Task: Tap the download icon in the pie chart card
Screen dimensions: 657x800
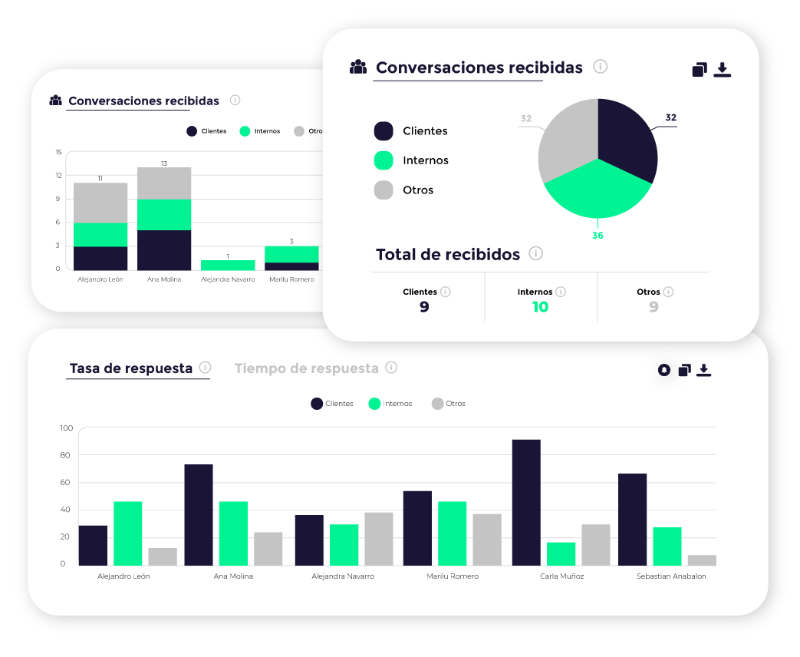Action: click(722, 70)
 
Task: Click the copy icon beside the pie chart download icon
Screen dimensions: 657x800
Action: click(699, 70)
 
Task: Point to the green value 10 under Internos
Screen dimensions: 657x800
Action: click(540, 307)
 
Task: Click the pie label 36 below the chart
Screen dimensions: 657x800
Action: click(598, 236)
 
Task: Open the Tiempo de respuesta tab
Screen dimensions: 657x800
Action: click(306, 368)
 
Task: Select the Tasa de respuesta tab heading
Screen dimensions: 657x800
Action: click(131, 368)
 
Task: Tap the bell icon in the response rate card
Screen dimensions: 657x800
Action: click(664, 370)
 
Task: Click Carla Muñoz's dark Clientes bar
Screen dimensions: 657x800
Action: click(526, 502)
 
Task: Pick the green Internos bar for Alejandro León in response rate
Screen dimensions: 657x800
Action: click(128, 533)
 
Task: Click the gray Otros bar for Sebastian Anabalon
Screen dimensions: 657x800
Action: click(702, 560)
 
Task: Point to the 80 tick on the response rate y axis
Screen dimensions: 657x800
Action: click(65, 455)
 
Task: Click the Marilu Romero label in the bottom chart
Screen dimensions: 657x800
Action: click(453, 576)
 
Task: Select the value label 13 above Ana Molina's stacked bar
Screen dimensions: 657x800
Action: click(164, 163)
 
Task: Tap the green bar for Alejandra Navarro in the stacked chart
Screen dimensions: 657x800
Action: click(228, 265)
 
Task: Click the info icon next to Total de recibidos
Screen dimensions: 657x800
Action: click(536, 253)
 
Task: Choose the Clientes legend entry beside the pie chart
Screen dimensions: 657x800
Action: click(410, 131)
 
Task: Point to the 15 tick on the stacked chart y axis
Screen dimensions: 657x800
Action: click(58, 152)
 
